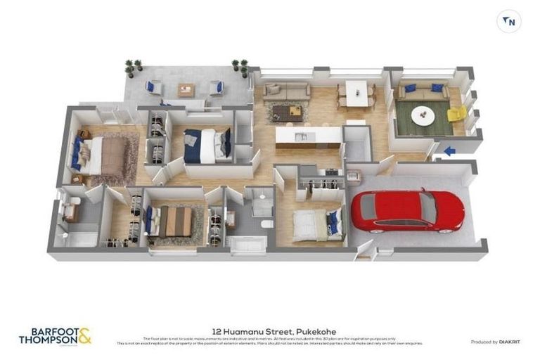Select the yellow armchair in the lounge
tap(456, 115)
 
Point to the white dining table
tap(356, 91)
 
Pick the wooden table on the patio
tap(186, 89)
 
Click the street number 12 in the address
tap(217, 329)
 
